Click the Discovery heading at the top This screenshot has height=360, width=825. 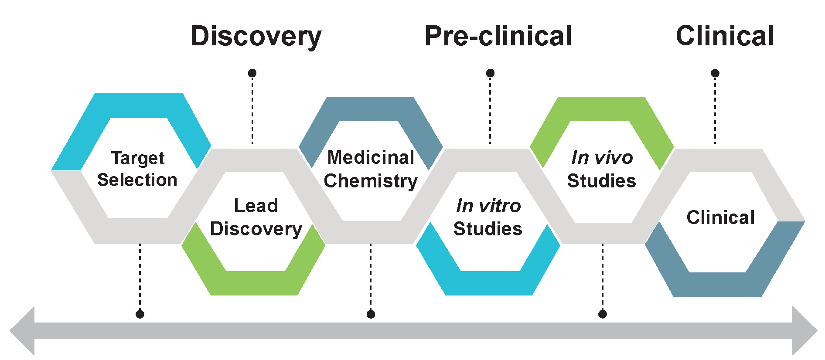click(x=256, y=36)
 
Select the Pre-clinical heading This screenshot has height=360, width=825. click(x=498, y=36)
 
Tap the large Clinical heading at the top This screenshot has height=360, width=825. click(x=725, y=36)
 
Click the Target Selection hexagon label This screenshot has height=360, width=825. click(x=137, y=169)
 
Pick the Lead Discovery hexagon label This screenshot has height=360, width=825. click(x=256, y=217)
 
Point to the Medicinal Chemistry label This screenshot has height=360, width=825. click(x=371, y=169)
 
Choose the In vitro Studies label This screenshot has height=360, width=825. click(x=488, y=217)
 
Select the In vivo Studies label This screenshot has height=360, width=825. click(x=602, y=169)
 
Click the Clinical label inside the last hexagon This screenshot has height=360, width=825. click(x=720, y=217)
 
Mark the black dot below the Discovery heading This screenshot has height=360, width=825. click(x=252, y=73)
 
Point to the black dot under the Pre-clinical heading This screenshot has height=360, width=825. click(x=490, y=73)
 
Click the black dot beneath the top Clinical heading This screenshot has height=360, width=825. click(x=715, y=73)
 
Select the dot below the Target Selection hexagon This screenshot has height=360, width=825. click(x=140, y=314)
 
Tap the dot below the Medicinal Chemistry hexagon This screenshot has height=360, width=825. click(x=371, y=314)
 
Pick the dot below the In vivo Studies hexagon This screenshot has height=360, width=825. click(x=603, y=314)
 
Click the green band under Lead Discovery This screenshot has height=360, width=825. click(x=255, y=283)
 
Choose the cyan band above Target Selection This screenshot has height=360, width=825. click(x=139, y=105)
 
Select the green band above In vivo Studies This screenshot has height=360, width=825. click(x=602, y=109)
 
